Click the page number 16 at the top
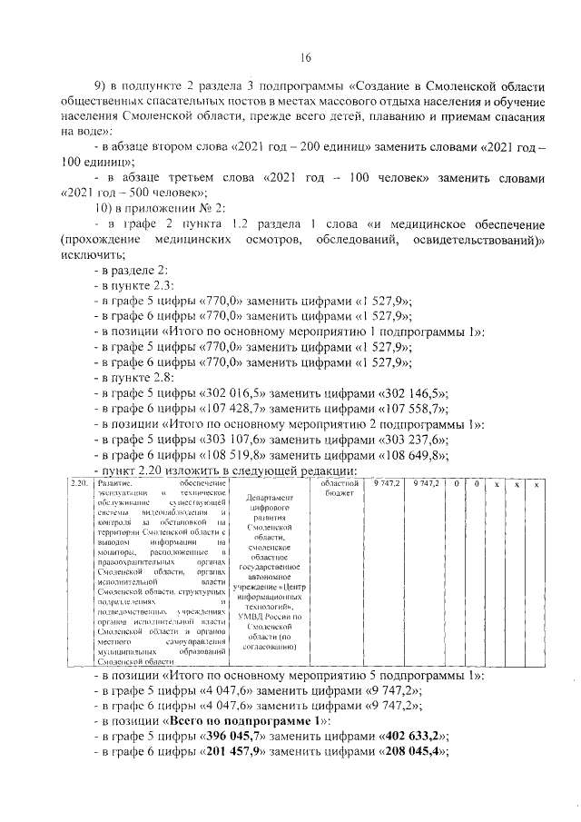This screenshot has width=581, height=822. [x=305, y=56]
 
